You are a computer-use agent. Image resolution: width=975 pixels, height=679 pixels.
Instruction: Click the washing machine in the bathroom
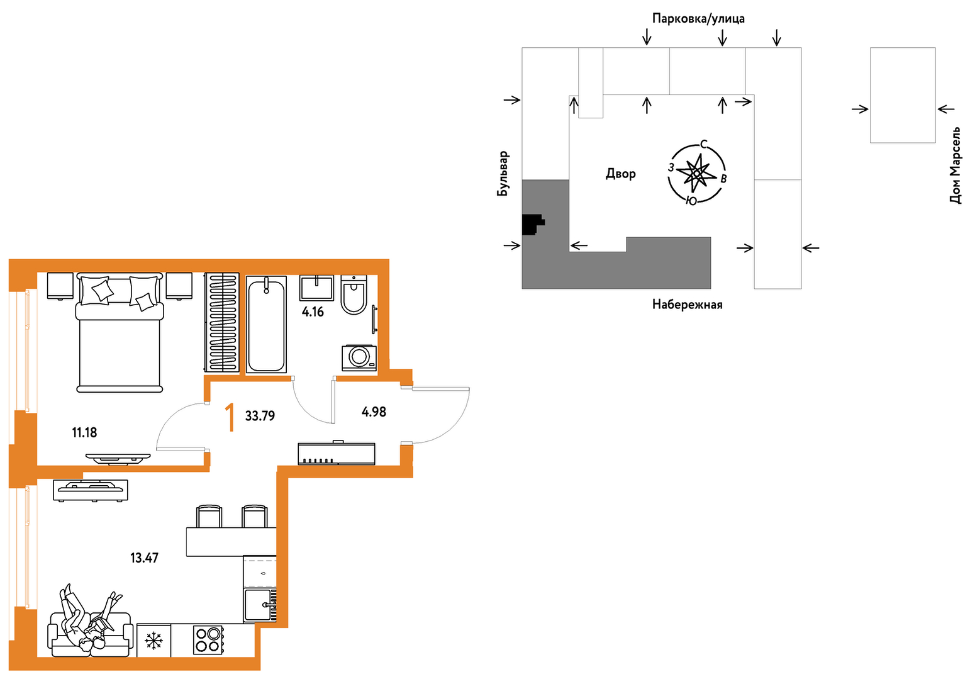tap(359, 357)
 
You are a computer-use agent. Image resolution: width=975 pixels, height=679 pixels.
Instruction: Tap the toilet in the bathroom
tap(354, 295)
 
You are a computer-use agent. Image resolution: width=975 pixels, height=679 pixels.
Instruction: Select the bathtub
tap(266, 324)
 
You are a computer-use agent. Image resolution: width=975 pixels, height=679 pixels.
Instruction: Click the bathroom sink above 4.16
tap(316, 288)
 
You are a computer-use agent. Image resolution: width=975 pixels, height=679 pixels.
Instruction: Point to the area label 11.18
tap(84, 432)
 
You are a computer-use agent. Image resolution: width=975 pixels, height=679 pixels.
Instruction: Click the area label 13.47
tap(145, 558)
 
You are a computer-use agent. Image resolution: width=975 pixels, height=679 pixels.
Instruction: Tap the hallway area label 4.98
tap(374, 412)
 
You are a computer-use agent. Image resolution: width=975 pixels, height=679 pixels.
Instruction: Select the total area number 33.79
tap(260, 416)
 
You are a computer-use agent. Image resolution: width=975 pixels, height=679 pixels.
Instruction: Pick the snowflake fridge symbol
tap(153, 641)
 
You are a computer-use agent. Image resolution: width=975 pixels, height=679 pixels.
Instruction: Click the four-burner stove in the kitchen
tap(208, 640)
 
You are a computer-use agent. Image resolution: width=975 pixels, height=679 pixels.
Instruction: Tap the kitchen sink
tap(260, 605)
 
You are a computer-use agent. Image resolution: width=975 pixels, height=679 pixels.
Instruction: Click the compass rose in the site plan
tap(697, 173)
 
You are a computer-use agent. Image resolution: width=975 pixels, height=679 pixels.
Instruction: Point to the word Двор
tap(621, 174)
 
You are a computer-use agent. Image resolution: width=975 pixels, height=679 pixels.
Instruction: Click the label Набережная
tap(688, 305)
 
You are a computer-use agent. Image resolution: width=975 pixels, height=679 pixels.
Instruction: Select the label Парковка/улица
tap(698, 18)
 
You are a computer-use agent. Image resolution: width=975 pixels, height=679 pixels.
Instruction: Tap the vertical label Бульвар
tap(503, 173)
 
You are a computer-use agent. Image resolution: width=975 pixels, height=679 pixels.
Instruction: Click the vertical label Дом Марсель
tap(955, 165)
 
